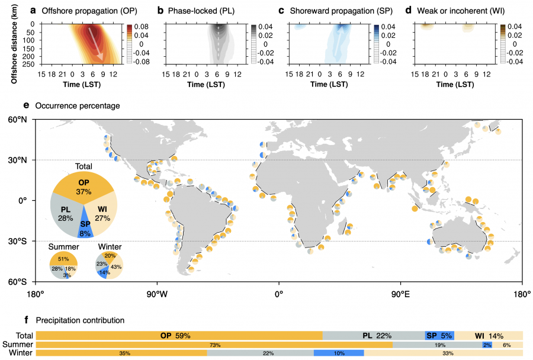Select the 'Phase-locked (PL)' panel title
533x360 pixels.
coord(207,11)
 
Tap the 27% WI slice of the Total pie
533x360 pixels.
coord(104,212)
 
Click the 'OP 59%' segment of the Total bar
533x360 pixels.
coord(175,336)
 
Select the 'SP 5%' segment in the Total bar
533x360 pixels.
coord(439,336)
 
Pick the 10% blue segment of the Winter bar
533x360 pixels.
coord(338,353)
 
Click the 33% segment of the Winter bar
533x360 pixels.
coord(443,353)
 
